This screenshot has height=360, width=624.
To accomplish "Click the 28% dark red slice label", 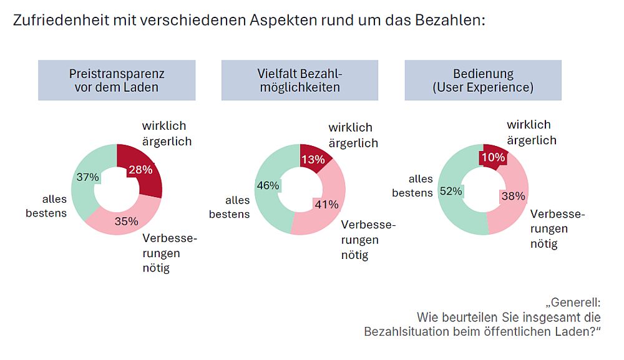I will (x=140, y=170).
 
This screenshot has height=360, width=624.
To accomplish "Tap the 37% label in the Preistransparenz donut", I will (x=87, y=177).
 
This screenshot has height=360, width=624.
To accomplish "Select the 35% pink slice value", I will (x=127, y=221).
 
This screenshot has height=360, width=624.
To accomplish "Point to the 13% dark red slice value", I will (x=313, y=160).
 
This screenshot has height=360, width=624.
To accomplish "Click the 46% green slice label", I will (x=269, y=185).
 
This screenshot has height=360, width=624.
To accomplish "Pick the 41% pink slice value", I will (x=326, y=205).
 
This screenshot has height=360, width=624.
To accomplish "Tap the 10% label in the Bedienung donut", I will (x=493, y=158).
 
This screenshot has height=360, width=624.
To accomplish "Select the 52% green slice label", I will (x=451, y=192).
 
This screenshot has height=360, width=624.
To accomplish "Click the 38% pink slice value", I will (x=513, y=196).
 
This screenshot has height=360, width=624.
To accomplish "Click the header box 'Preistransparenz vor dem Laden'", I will (x=117, y=80).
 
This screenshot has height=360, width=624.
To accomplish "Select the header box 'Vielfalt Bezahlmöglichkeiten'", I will (x=300, y=80).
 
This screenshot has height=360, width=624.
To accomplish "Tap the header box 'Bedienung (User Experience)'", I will (x=483, y=80).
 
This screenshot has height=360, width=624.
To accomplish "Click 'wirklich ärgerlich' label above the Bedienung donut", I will (x=531, y=132).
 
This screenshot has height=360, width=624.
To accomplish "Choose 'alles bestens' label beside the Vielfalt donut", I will (x=230, y=207).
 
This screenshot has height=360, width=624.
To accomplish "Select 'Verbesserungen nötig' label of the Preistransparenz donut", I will (x=165, y=253).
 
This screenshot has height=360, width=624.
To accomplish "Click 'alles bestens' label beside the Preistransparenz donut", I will (x=46, y=206).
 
